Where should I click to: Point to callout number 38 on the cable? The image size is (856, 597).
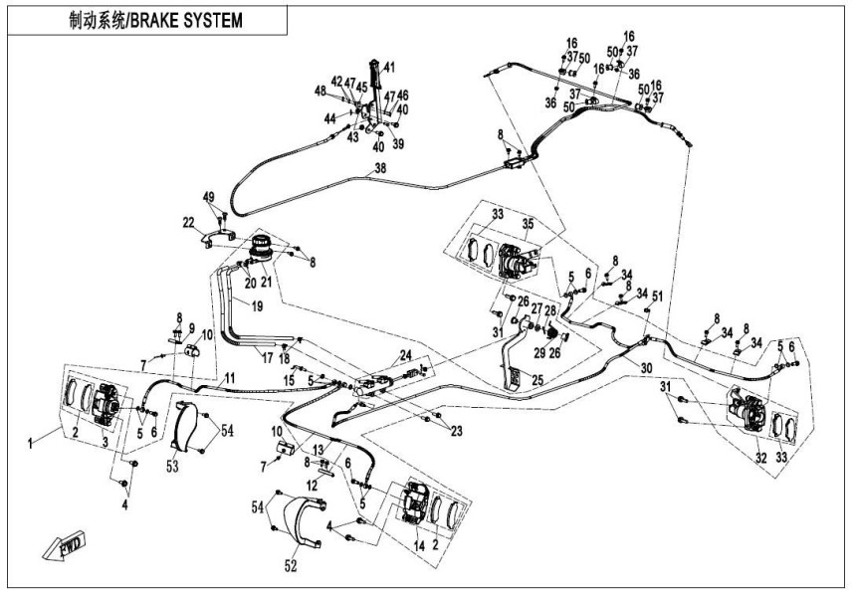pos(379,169)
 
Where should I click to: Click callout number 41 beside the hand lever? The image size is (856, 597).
pos(389,68)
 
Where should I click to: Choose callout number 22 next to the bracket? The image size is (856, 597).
pos(187,221)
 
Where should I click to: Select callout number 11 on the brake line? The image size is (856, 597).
pos(229,377)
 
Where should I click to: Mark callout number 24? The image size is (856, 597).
pos(406,354)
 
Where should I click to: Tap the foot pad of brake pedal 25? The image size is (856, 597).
pos(514,376)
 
